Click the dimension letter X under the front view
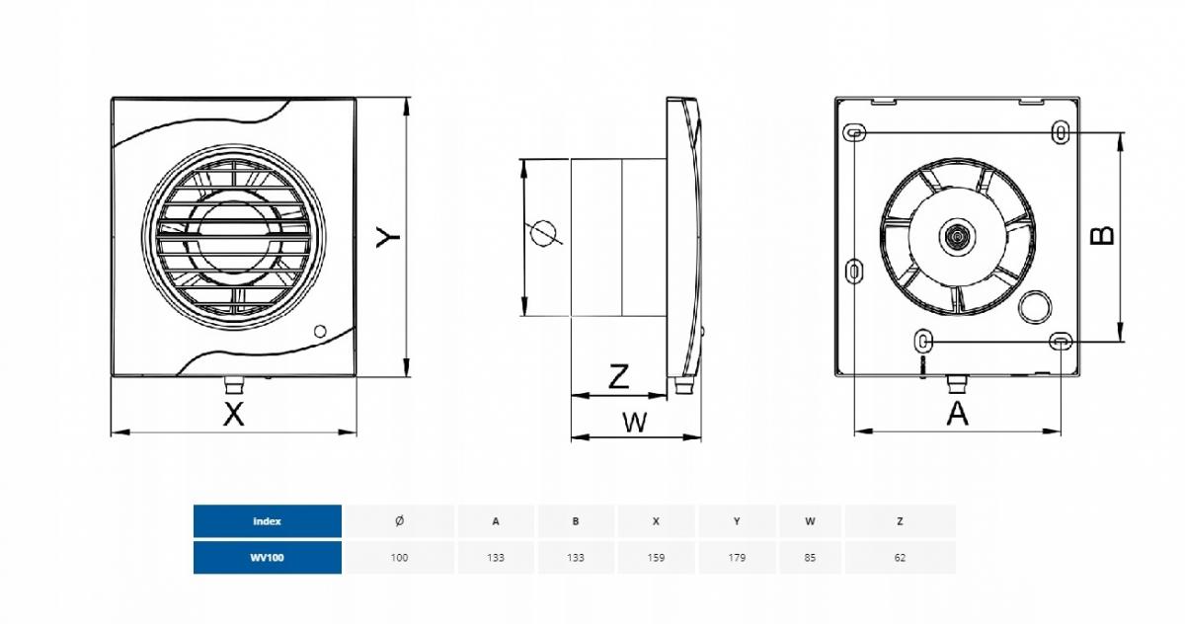tap(234, 414)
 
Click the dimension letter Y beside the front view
tap(388, 236)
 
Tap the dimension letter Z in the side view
tap(619, 376)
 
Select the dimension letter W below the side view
tap(635, 423)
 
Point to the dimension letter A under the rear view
tap(957, 414)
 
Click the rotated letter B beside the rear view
tap(1102, 236)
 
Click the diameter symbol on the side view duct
tap(545, 233)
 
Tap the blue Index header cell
tap(268, 521)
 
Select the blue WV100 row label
tap(268, 558)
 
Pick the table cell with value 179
tap(737, 558)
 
